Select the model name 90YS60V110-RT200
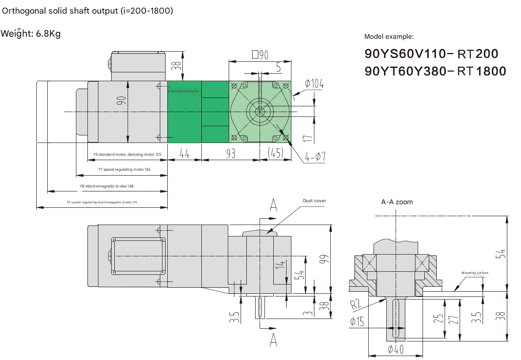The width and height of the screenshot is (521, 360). coord(431,54)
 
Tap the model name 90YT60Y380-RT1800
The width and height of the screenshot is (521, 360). coord(435,71)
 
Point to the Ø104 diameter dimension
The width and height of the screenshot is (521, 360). coord(313,84)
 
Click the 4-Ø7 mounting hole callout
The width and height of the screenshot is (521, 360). coord(315,157)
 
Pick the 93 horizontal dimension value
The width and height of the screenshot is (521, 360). coord(230,154)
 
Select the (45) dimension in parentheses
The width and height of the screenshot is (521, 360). coord(276,154)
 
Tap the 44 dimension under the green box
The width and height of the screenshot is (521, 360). coord(184,154)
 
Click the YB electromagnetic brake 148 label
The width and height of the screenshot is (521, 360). coord(106,186)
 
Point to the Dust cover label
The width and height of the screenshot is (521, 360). coord(314,201)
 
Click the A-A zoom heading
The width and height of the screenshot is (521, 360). coord(397,202)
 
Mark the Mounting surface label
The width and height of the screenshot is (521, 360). coord(475,273)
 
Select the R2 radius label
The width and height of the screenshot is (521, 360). coord(356,304)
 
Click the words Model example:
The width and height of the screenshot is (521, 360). coord(389,37)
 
